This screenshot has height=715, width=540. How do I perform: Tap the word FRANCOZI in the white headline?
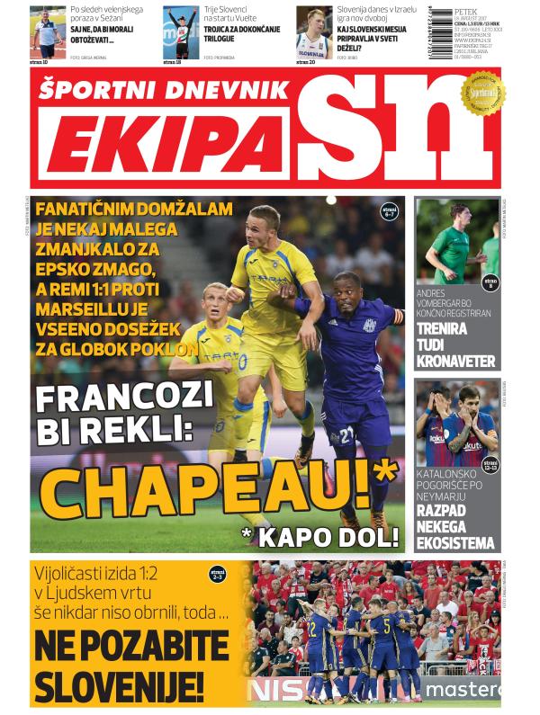(x=129, y=397)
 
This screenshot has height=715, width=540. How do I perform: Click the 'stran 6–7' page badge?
(x=389, y=213)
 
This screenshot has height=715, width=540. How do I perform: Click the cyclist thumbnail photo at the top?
(x=180, y=33)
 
